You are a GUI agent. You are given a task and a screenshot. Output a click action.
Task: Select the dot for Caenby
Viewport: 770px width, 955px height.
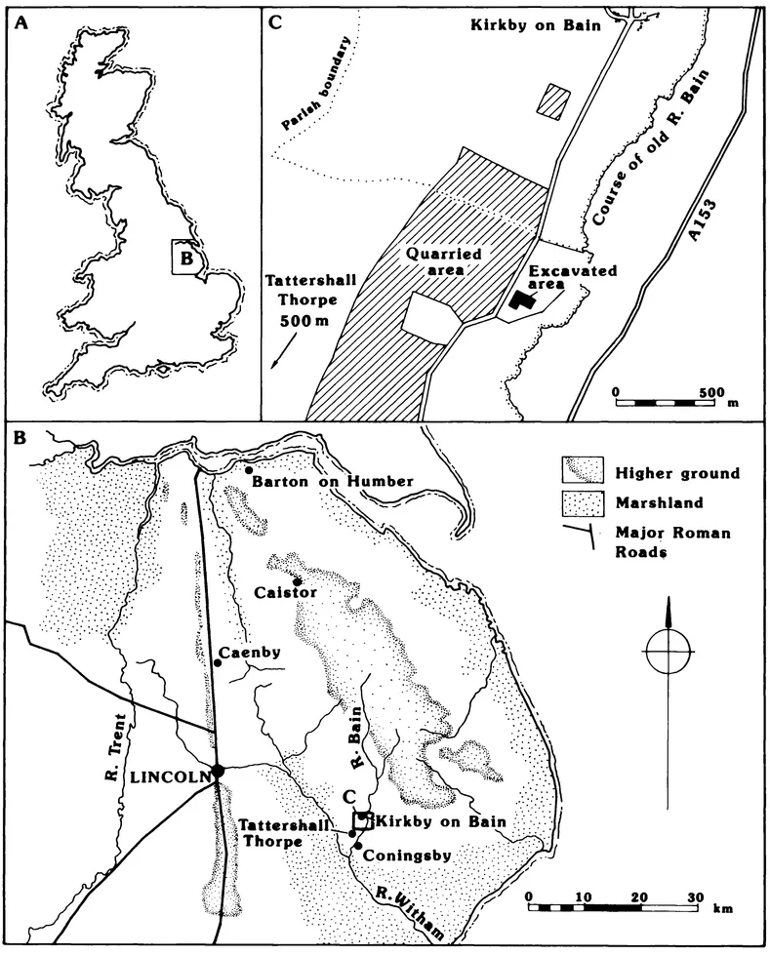tap(218, 663)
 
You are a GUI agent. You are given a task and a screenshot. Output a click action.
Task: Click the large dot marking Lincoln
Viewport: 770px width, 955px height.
tap(219, 771)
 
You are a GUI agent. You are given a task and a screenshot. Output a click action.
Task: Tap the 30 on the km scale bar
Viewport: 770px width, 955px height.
tap(694, 895)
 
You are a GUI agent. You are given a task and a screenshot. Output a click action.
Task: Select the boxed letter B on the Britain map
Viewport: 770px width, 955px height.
tap(188, 259)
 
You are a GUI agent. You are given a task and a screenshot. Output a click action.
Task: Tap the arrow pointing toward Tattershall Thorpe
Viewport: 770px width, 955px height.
tap(281, 350)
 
